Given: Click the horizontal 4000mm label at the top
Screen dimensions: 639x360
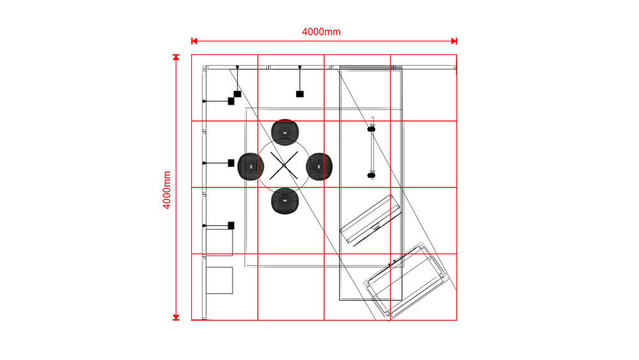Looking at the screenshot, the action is point(321,32).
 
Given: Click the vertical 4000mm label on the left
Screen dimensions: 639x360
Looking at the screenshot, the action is point(167,190).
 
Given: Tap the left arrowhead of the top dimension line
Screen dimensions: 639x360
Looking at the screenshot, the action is point(194,41).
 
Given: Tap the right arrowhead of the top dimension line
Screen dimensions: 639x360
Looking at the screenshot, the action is point(454,41).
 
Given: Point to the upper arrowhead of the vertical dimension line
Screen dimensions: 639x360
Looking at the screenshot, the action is point(176,58).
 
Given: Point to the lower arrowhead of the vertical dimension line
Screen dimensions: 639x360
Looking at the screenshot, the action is point(176,317).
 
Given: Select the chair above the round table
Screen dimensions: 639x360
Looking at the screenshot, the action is point(285,132).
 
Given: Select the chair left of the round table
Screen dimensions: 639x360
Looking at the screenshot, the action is point(250,166).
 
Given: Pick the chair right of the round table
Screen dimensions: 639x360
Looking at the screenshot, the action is point(319,166).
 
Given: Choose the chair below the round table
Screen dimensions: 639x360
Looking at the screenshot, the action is point(285,201).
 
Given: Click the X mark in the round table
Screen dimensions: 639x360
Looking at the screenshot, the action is point(284,166).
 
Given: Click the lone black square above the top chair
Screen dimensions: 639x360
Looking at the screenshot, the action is point(300,94).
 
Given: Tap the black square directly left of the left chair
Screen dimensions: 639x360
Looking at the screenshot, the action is point(231,163).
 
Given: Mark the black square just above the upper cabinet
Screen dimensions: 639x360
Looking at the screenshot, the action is point(231,226).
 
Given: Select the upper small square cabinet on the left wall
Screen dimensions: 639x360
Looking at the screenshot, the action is point(219,242).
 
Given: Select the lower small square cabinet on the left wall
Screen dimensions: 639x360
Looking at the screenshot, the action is point(219,281).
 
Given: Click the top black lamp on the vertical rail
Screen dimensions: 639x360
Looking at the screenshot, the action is point(371,129).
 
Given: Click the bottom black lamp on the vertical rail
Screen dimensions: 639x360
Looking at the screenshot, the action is point(371,176).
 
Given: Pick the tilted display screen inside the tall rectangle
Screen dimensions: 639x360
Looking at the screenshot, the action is point(371,220).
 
